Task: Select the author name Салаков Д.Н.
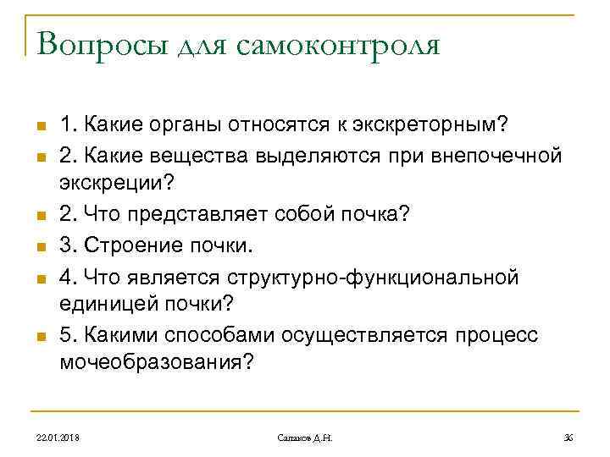[x=305, y=437]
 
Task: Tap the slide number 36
[x=568, y=437]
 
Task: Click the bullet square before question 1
[x=39, y=128]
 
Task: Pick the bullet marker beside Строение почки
[x=39, y=247]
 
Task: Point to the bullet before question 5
[x=39, y=337]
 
